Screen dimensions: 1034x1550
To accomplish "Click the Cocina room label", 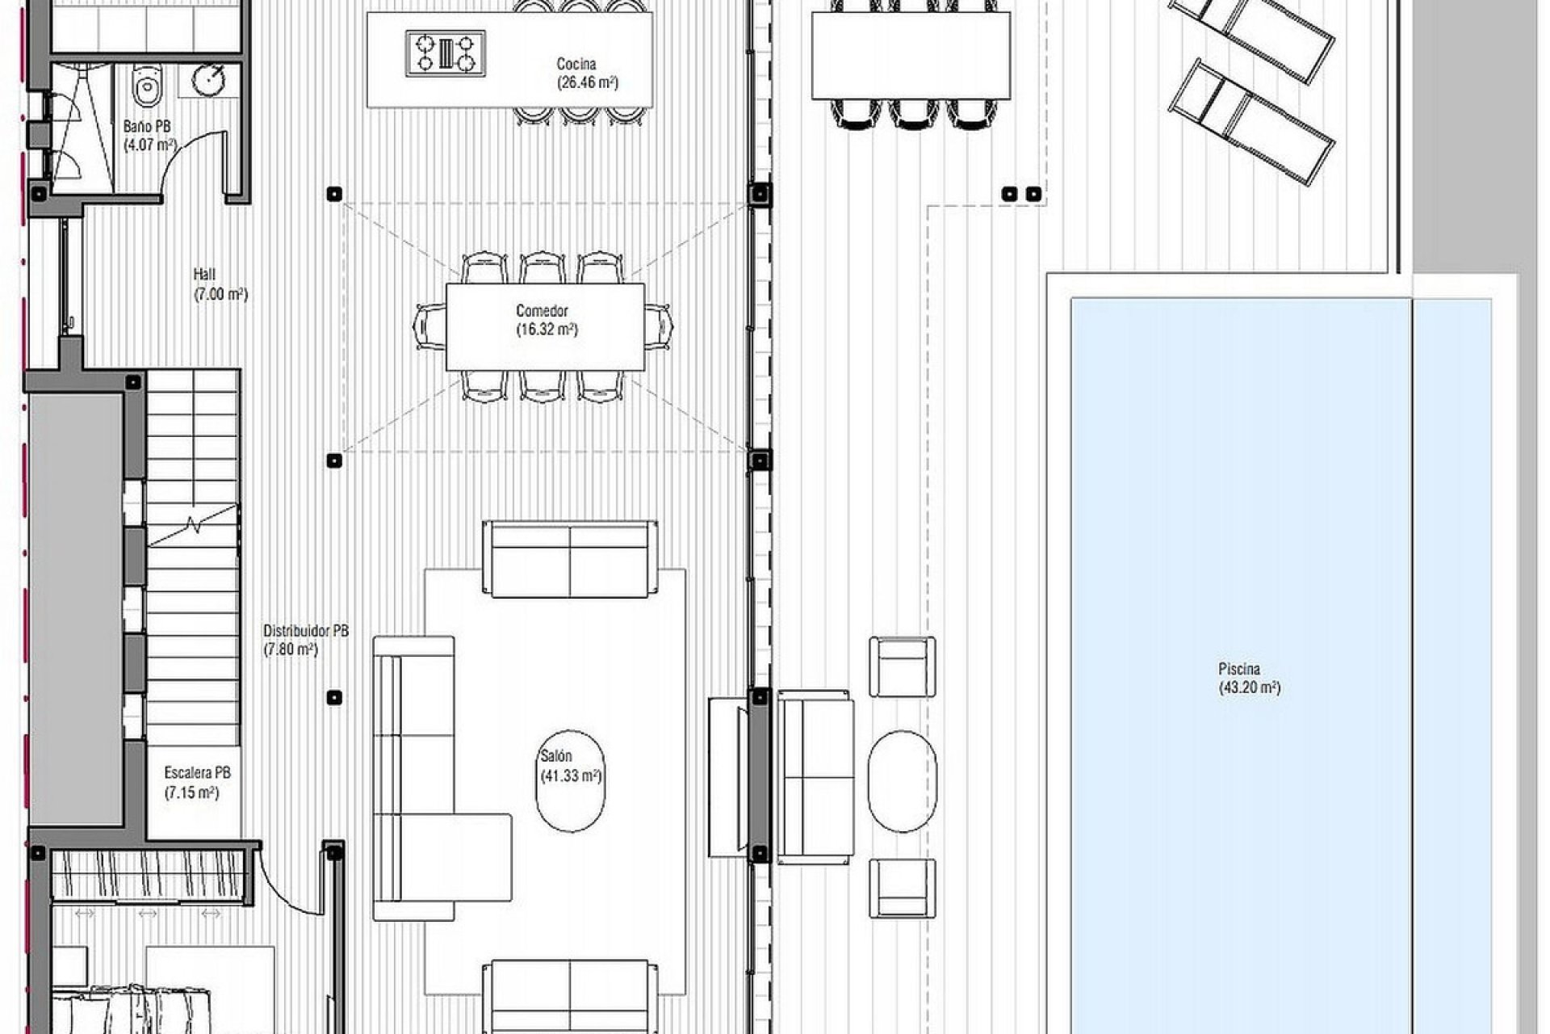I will click(576, 64).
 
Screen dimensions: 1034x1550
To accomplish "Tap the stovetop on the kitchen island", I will click(446, 53).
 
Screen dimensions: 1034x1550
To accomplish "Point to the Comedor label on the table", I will click(542, 311).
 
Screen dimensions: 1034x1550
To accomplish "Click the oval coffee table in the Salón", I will click(570, 780).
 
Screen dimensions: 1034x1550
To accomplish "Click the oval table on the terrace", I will click(903, 780).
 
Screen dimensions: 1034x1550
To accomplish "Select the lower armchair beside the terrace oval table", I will click(903, 888).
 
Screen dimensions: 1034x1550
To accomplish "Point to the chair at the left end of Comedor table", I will click(429, 326).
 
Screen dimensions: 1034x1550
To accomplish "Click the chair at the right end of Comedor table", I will click(659, 326).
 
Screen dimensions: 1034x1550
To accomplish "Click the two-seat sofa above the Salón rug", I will click(570, 559).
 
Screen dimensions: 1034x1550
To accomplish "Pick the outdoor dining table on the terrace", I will click(911, 55).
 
